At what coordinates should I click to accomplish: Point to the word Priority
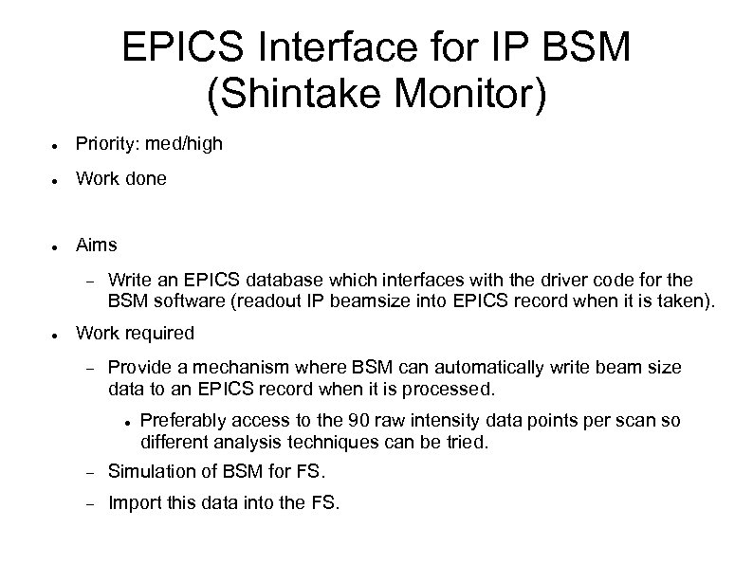106,143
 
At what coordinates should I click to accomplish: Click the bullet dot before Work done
57,179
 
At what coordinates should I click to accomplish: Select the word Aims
97,245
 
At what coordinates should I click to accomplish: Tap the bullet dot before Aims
57,246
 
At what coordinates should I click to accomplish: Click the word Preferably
180,422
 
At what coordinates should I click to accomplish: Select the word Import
133,503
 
